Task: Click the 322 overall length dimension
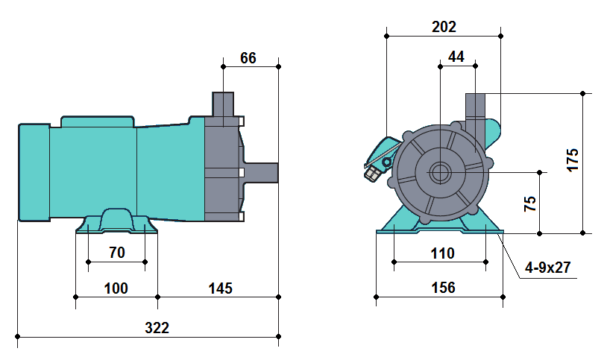tap(157, 327)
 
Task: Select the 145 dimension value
tap(221, 288)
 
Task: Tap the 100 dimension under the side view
tap(116, 288)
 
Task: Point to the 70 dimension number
tap(117, 253)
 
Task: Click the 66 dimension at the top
tap(248, 58)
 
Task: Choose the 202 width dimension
tap(444, 27)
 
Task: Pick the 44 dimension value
tap(456, 57)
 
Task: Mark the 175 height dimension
tap(573, 160)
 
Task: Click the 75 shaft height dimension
tap(530, 203)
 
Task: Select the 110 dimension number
tap(442, 253)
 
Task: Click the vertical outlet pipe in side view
tap(223, 104)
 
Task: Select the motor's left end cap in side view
tap(34, 172)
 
